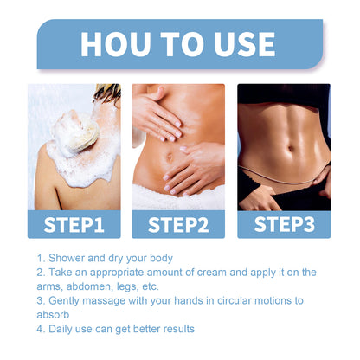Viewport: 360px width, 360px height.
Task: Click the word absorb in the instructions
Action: coord(53,314)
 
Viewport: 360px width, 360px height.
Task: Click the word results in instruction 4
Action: coord(177,329)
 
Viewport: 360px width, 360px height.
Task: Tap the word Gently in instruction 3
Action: coord(66,300)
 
